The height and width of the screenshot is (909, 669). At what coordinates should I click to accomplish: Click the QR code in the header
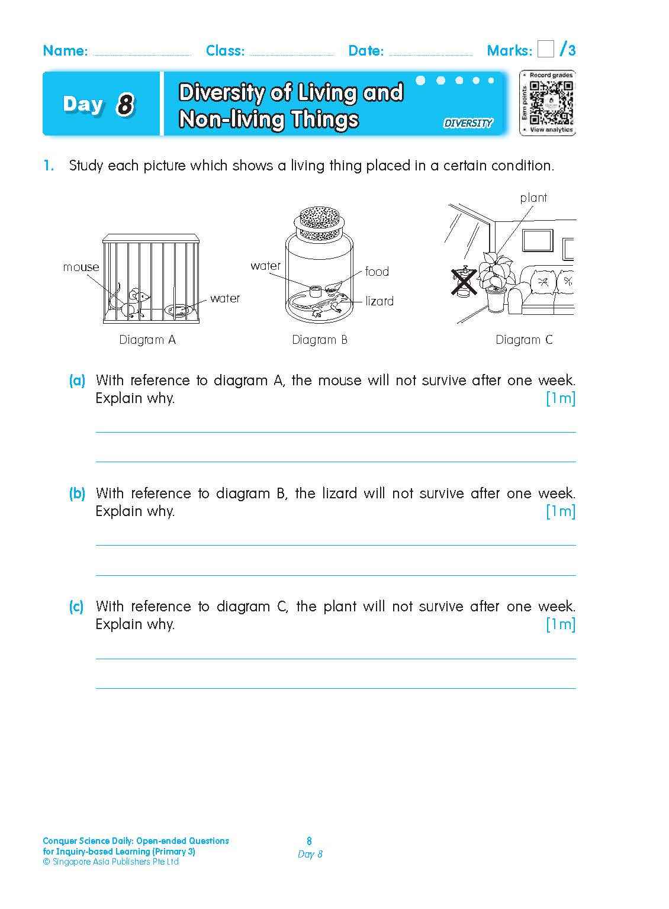point(551,102)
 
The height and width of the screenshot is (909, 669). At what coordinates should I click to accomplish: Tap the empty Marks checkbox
point(545,49)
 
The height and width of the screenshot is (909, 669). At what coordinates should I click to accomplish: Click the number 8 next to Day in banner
point(125,105)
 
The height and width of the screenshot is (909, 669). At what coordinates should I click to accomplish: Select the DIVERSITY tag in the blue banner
point(468,123)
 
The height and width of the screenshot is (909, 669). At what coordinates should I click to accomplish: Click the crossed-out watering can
point(464,281)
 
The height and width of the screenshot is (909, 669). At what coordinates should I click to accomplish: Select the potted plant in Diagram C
point(494,281)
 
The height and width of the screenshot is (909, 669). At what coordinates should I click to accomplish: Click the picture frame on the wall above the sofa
point(537,240)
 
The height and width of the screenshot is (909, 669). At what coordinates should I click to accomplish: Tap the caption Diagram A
point(147,340)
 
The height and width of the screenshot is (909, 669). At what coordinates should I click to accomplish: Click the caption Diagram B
point(320,340)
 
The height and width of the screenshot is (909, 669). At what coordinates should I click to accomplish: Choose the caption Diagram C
point(524,340)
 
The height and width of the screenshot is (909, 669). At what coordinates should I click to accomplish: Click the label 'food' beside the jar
point(377,272)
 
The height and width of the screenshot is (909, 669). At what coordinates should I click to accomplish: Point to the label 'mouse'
point(81,267)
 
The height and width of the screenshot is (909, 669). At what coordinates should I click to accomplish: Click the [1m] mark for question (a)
point(560,398)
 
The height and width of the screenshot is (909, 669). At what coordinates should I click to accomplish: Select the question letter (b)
point(77,493)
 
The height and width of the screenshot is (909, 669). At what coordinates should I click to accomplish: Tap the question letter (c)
point(76,606)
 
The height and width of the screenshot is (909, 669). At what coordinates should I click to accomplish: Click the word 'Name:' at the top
point(65,51)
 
